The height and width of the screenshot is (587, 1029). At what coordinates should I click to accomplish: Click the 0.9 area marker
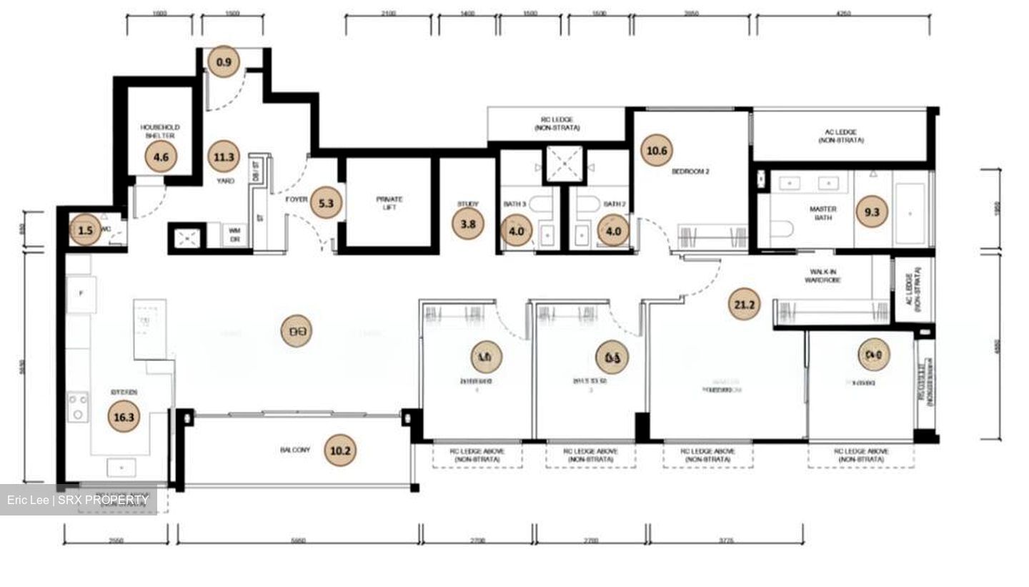[224, 62]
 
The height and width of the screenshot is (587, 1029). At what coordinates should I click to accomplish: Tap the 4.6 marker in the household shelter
[161, 157]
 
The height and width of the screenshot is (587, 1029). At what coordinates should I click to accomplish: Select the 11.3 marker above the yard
[224, 157]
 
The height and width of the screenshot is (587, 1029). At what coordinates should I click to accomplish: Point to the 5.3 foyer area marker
[326, 203]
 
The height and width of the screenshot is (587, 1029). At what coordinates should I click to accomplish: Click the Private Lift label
[389, 204]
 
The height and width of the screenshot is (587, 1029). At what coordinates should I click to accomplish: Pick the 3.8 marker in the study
[468, 224]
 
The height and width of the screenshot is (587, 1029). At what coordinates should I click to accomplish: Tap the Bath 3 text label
[514, 204]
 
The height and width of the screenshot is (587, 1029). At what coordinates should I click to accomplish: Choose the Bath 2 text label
[615, 204]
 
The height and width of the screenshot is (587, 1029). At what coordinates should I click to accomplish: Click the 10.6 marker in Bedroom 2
[656, 151]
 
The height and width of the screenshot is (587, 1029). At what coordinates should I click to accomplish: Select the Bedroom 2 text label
[690, 172]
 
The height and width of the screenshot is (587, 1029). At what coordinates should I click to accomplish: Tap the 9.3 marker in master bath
[872, 212]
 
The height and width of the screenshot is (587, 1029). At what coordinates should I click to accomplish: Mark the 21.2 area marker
[744, 305]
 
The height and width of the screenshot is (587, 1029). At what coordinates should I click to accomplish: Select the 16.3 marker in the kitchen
[124, 418]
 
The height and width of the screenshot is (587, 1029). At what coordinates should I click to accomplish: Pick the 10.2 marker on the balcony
[339, 451]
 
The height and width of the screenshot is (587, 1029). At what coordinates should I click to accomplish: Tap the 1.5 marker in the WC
[85, 230]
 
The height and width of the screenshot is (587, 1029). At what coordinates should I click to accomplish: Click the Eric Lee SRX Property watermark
[78, 500]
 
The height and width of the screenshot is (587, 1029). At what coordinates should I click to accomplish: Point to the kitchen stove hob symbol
[78, 407]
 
